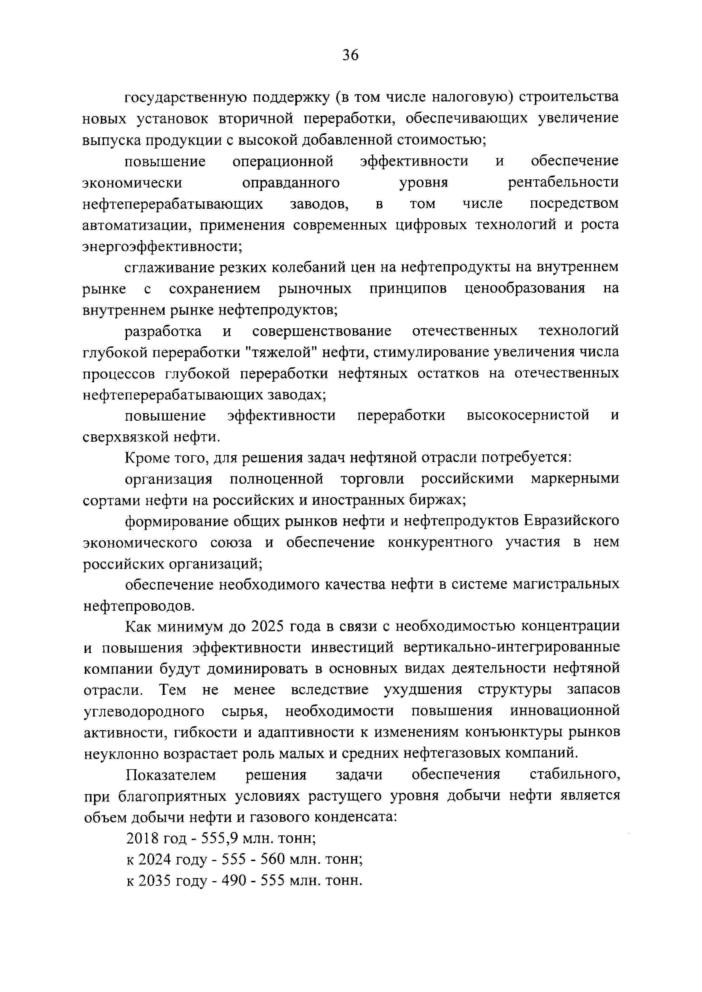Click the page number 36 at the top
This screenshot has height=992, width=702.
coord(350,55)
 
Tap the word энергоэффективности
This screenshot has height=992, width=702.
coord(161,247)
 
